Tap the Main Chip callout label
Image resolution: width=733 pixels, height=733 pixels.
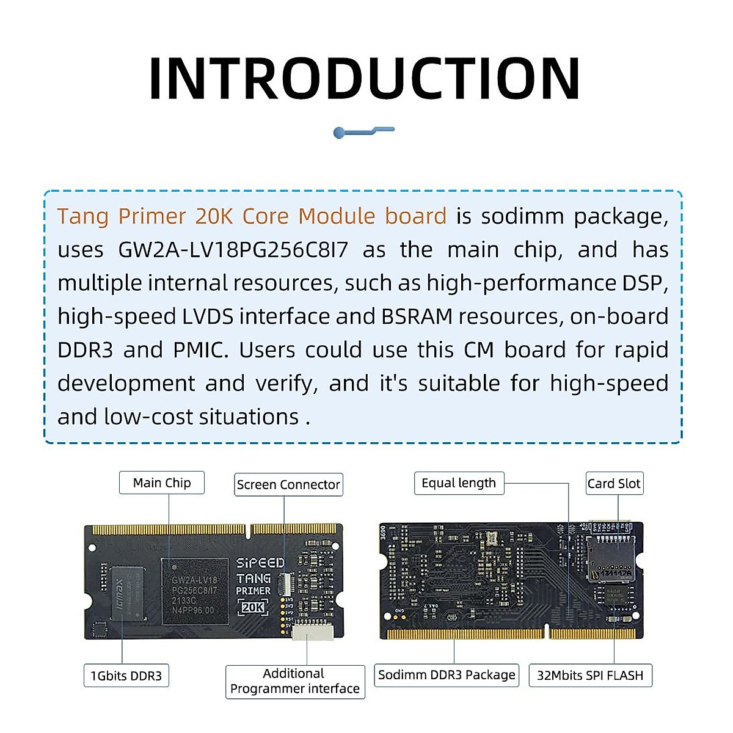point(162,483)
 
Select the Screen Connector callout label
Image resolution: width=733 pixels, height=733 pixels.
point(288,484)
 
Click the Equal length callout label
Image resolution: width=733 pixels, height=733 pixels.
point(459,483)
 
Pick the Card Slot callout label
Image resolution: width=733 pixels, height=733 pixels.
point(614,483)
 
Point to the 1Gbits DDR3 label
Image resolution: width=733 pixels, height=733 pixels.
point(126,676)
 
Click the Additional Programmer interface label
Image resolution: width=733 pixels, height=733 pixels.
point(294,681)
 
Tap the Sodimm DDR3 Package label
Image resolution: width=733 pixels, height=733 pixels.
point(447,675)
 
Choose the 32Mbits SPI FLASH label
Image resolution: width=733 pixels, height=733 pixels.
point(590,676)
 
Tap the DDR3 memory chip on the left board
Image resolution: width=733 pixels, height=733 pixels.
point(127,593)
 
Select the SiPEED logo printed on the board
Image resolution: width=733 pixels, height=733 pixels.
point(260,563)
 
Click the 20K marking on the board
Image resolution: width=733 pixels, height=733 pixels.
point(253,607)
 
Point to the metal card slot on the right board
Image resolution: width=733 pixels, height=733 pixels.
point(610,559)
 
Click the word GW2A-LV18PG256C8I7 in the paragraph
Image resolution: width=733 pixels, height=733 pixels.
point(233,250)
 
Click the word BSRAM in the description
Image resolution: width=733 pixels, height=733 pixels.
point(417,316)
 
